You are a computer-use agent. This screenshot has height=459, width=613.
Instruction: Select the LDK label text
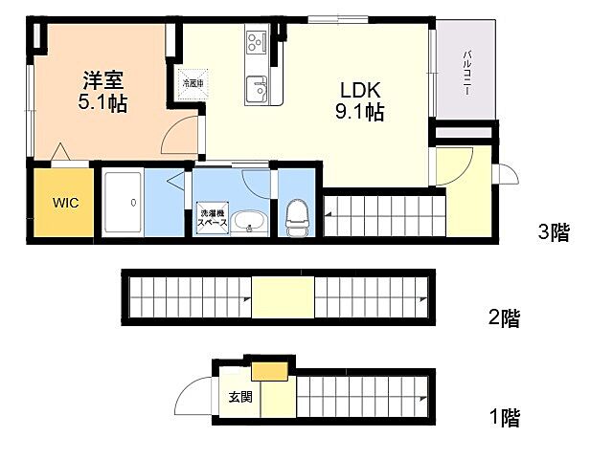click(360, 91)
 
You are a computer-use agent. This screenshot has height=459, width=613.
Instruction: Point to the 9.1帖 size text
click(361, 113)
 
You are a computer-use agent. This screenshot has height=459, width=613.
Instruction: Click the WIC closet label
click(65, 203)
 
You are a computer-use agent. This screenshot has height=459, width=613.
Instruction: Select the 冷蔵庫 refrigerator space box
click(193, 83)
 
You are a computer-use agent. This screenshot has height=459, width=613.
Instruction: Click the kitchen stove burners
click(257, 41)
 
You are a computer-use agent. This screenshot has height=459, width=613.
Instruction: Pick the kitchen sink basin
click(257, 89)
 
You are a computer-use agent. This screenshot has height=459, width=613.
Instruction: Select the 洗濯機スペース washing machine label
click(212, 216)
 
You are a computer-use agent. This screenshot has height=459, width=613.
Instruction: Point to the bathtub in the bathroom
click(122, 203)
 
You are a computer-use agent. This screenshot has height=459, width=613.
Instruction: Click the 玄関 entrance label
click(240, 397)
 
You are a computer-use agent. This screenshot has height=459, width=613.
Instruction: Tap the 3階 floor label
click(554, 231)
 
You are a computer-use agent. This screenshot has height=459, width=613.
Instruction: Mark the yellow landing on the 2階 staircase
click(283, 297)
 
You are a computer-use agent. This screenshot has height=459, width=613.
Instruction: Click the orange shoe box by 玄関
click(269, 370)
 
